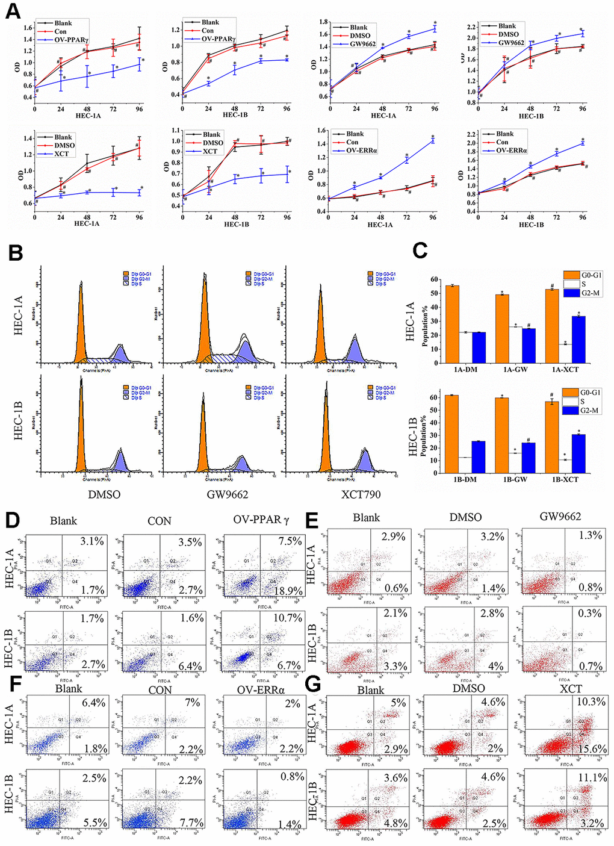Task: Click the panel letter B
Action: click(x=16, y=253)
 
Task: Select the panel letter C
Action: click(x=420, y=250)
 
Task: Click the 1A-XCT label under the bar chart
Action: click(x=565, y=369)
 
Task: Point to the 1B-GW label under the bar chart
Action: click(x=515, y=479)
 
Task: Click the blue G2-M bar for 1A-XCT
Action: click(x=578, y=340)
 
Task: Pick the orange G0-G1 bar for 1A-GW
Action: click(x=502, y=329)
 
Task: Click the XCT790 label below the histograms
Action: click(x=361, y=494)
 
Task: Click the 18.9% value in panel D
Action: click(x=288, y=591)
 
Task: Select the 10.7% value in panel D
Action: click(x=287, y=618)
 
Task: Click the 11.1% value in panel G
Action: click(x=592, y=777)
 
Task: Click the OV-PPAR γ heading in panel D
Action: click(x=261, y=520)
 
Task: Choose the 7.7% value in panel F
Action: click(x=190, y=823)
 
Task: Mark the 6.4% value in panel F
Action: click(x=93, y=703)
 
